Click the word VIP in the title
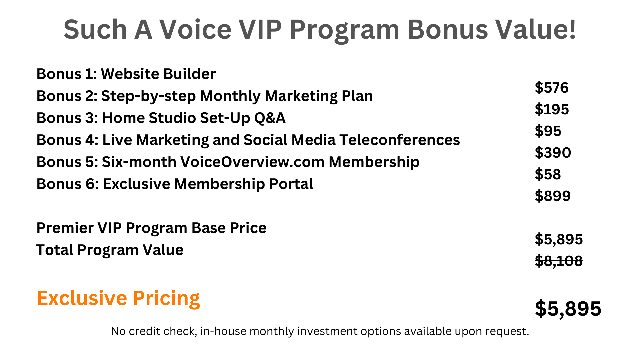tap(261, 29)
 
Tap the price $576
tap(552, 88)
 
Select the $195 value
tap(552, 109)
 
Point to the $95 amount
tap(548, 131)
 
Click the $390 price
tap(553, 153)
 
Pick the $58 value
tap(548, 174)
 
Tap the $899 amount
tap(553, 196)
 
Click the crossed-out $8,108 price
tap(559, 261)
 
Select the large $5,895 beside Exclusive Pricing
tap(568, 309)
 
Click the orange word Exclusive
tap(82, 298)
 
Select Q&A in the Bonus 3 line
tap(270, 118)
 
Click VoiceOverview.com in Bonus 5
tap(252, 162)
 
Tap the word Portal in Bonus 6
tap(291, 184)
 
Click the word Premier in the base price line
tap(65, 228)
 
